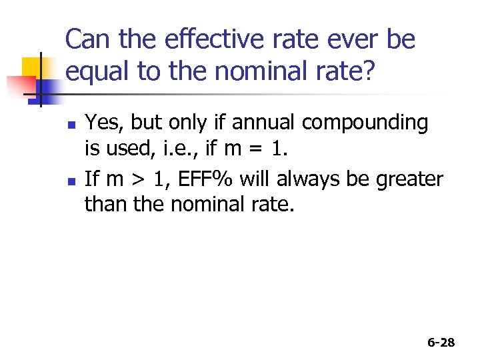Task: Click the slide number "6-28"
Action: (441, 342)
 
